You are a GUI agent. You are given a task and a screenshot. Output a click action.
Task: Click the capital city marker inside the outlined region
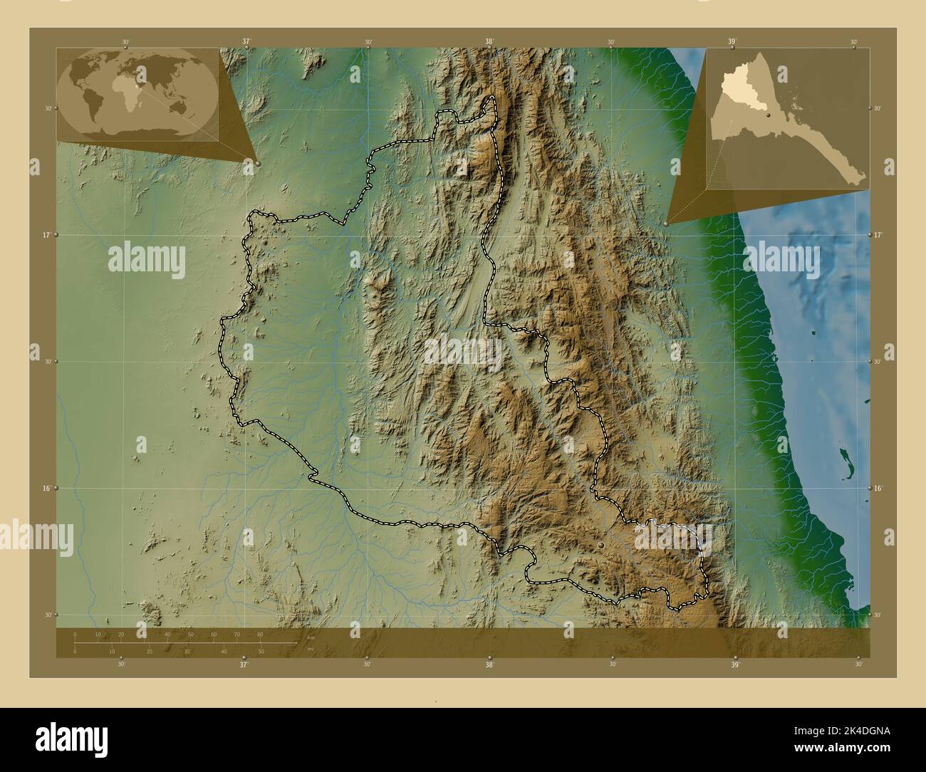pyautogui.click(x=601, y=544)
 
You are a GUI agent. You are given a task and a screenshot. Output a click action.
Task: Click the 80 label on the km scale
pyautogui.click(x=260, y=634)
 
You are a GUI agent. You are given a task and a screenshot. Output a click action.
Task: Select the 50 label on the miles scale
pyautogui.click(x=261, y=651)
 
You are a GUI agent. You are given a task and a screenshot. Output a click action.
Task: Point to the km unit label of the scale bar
pyautogui.click(x=310, y=638)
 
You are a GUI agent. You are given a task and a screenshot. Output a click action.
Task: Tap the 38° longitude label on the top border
pyautogui.click(x=489, y=42)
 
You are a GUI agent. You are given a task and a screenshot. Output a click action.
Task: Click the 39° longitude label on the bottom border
pyautogui.click(x=734, y=664)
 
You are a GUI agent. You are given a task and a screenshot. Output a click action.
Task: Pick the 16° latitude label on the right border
pyautogui.click(x=878, y=489)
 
